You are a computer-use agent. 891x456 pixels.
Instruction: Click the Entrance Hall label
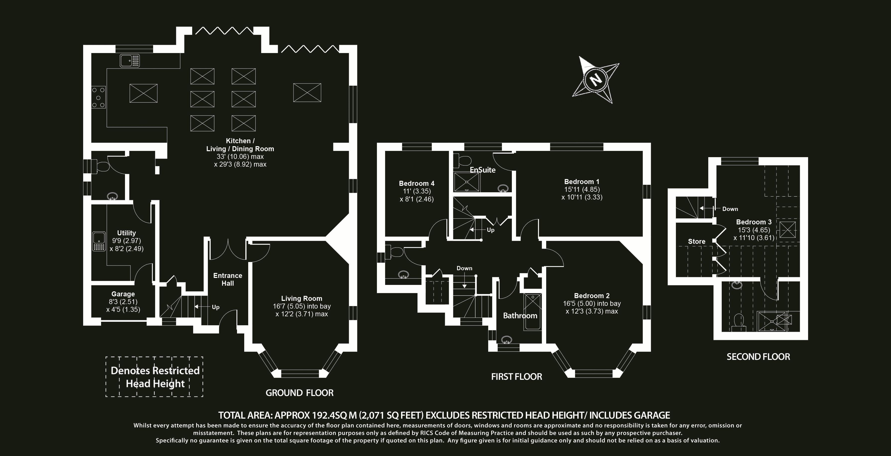point(228,279)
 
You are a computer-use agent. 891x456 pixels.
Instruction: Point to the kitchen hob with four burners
point(99,97)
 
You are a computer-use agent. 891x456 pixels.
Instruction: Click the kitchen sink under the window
point(130,61)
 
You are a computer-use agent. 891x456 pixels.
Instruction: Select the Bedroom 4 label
point(416,183)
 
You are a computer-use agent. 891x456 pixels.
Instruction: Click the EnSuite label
point(482,170)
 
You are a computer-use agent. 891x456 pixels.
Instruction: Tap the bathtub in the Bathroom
point(533,312)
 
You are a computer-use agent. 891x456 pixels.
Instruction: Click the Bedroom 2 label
point(592,296)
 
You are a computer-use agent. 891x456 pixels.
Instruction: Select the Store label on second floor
point(697,242)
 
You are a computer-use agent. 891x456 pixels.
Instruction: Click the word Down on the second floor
point(730,209)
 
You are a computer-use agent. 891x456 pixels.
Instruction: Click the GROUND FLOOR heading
point(299,393)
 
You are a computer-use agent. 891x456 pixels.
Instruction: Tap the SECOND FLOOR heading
point(758,357)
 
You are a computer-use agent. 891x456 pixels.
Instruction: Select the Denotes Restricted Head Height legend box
point(154,377)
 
